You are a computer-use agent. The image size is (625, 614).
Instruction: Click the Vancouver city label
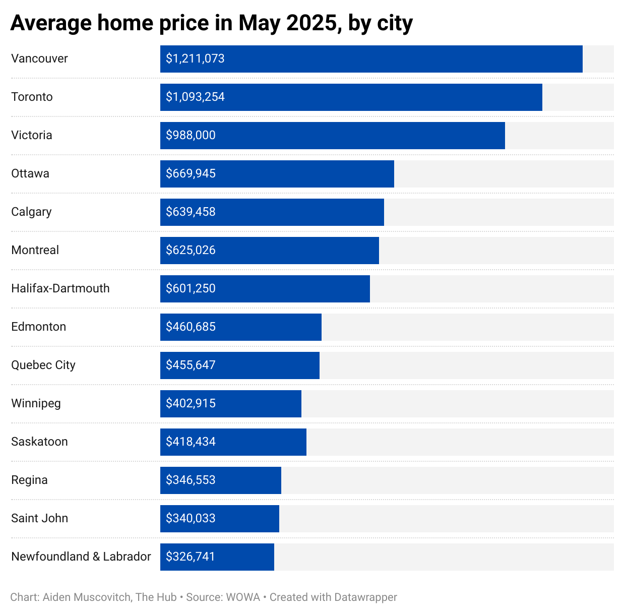pyautogui.click(x=39, y=58)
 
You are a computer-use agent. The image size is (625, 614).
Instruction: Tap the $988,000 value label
pyautogui.click(x=191, y=135)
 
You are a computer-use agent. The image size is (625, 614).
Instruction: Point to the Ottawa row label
pyautogui.click(x=30, y=173)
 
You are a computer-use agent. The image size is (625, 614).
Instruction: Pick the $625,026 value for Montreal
pyautogui.click(x=191, y=250)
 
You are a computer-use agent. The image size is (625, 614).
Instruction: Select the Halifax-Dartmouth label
pyautogui.click(x=60, y=288)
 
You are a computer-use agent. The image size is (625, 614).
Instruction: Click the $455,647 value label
pyautogui.click(x=191, y=365)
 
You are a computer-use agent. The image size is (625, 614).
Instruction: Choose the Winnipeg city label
pyautogui.click(x=36, y=403)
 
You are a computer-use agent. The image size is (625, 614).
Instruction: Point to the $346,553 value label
pyautogui.click(x=191, y=480)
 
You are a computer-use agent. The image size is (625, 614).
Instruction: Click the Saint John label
pyautogui.click(x=39, y=518)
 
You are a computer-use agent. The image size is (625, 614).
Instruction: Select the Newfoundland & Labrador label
pyautogui.click(x=81, y=557)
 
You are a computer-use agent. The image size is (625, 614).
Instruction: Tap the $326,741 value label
pyautogui.click(x=191, y=557)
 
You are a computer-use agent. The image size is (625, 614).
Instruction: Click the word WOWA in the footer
pyautogui.click(x=243, y=597)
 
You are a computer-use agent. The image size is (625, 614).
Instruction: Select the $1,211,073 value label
pyautogui.click(x=195, y=58)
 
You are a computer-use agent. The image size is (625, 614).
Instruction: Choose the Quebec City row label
pyautogui.click(x=43, y=365)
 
